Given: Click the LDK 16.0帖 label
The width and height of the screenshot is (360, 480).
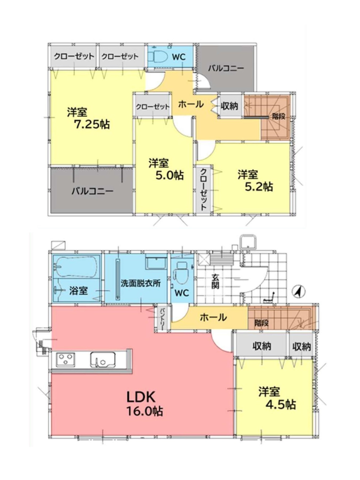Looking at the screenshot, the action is pos(145,404).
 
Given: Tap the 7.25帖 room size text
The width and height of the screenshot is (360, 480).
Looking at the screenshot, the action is pos(92,124).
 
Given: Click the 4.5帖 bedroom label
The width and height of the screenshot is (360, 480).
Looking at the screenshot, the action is pos(281,405).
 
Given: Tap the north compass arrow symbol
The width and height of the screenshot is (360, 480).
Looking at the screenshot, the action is pos(299,291).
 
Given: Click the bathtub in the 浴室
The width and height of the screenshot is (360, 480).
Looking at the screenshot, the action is pos(76,267).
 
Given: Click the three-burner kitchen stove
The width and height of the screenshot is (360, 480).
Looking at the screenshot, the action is pos(65,360).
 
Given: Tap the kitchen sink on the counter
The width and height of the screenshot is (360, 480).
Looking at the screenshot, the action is pos(103,360).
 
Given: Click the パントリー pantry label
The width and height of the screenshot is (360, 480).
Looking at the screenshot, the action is pos(163,318).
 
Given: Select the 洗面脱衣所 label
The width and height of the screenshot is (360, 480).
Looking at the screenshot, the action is pos(140,283).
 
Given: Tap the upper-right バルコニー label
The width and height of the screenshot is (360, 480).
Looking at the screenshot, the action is pos(226,68).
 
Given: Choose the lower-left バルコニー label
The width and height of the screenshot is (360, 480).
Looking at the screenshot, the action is pos(92,191).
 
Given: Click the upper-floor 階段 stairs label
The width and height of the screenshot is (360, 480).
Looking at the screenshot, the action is pos(279,116).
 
